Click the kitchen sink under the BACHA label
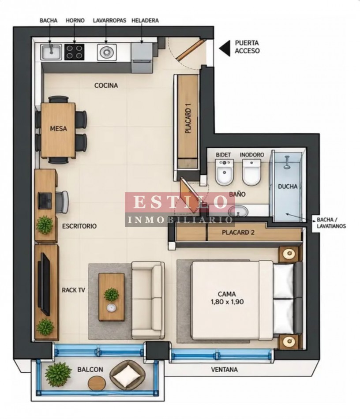51,52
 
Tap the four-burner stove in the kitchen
74,52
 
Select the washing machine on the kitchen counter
107,52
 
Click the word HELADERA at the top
145,21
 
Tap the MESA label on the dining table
59,128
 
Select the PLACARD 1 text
188,118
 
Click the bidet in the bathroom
225,172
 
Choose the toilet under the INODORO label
251,172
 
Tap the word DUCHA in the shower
288,186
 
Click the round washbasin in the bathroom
238,211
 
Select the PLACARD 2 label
238,232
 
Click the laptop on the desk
45,200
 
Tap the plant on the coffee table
111,295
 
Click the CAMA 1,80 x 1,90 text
227,298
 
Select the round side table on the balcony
97,383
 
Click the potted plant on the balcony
58,374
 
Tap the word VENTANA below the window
224,370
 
